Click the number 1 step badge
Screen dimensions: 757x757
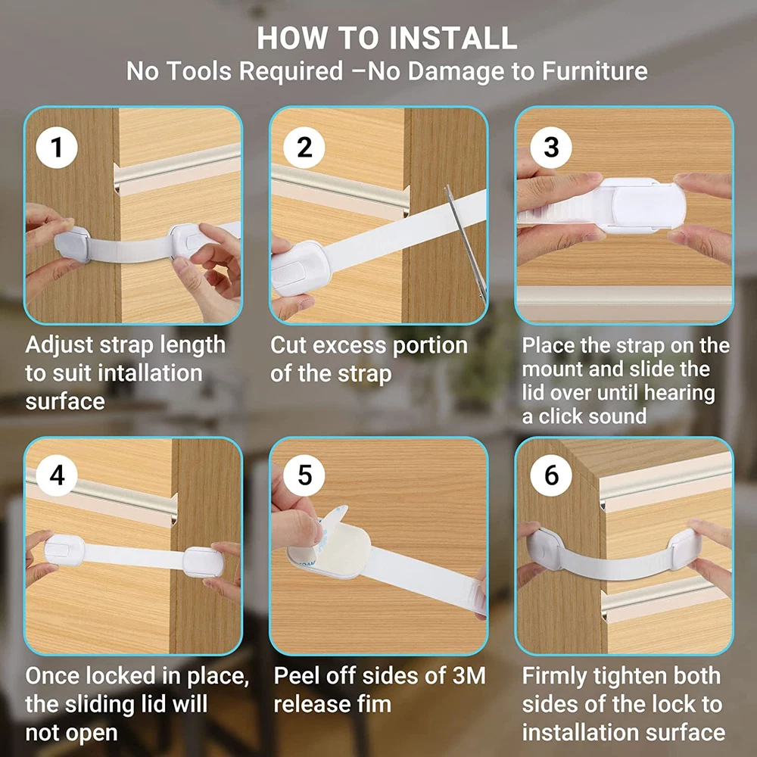point(57,148)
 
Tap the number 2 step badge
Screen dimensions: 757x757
point(304,148)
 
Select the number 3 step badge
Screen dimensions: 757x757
point(551,148)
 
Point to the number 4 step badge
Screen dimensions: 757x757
point(57,475)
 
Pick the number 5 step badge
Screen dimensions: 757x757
point(304,475)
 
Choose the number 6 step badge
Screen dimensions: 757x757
point(551,475)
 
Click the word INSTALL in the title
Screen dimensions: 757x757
point(453,38)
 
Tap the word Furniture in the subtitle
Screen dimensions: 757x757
point(594,71)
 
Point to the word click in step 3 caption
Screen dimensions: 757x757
point(563,416)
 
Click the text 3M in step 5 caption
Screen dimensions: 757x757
point(469,676)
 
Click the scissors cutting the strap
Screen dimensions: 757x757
point(466,241)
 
